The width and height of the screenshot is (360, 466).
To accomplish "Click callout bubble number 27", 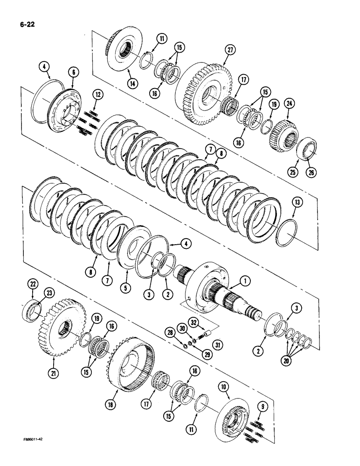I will click(x=229, y=49).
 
